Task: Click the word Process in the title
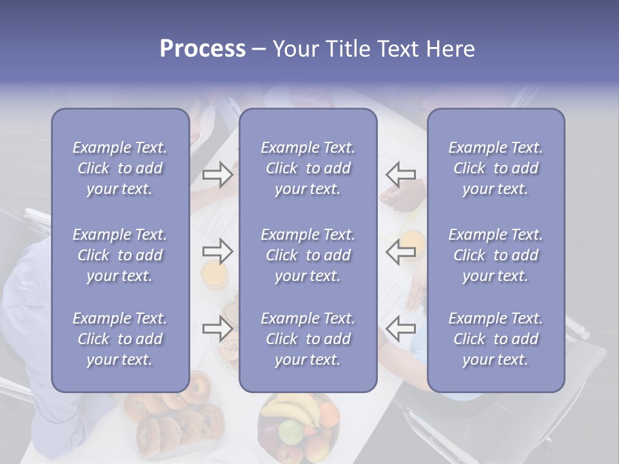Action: (x=202, y=49)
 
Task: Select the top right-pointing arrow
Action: (x=217, y=175)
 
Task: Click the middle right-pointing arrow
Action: (x=217, y=251)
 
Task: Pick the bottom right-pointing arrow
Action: (x=217, y=328)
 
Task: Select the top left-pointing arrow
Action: (x=401, y=175)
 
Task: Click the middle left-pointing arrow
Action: (x=401, y=251)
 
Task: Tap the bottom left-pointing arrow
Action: (x=401, y=328)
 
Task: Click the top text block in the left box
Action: (x=120, y=168)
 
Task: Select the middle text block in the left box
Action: (x=120, y=255)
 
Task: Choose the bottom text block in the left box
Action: (x=120, y=339)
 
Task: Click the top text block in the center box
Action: (x=308, y=168)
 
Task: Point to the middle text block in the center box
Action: (x=308, y=255)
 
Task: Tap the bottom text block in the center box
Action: (x=308, y=339)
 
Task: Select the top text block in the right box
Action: (x=495, y=168)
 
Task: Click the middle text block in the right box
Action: (x=495, y=255)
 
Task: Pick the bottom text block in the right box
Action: (x=495, y=339)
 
